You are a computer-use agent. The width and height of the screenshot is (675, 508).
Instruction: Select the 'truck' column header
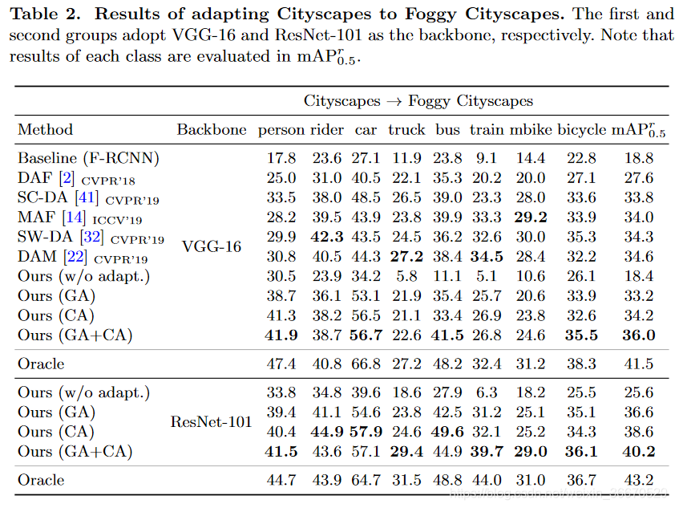click(406, 129)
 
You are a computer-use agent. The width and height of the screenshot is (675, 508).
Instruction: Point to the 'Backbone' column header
click(212, 129)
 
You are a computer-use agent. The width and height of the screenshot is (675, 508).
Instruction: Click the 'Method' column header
click(45, 129)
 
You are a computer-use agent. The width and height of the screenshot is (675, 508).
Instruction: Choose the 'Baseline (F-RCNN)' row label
click(88, 158)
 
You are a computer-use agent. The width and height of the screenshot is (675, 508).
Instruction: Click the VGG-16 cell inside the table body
click(211, 246)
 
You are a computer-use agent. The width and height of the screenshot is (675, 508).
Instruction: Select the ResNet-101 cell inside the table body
click(211, 422)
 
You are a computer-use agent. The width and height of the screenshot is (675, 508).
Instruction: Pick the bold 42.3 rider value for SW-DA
click(327, 237)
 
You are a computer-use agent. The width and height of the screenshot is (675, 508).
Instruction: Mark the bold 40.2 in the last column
click(639, 451)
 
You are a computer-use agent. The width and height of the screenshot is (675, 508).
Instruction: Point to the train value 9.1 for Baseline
click(486, 158)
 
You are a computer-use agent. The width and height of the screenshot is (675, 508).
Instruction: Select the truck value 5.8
click(406, 276)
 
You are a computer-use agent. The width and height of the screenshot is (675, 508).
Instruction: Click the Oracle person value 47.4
click(281, 364)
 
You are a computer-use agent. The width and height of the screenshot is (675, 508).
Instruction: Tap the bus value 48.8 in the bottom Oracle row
click(447, 480)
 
